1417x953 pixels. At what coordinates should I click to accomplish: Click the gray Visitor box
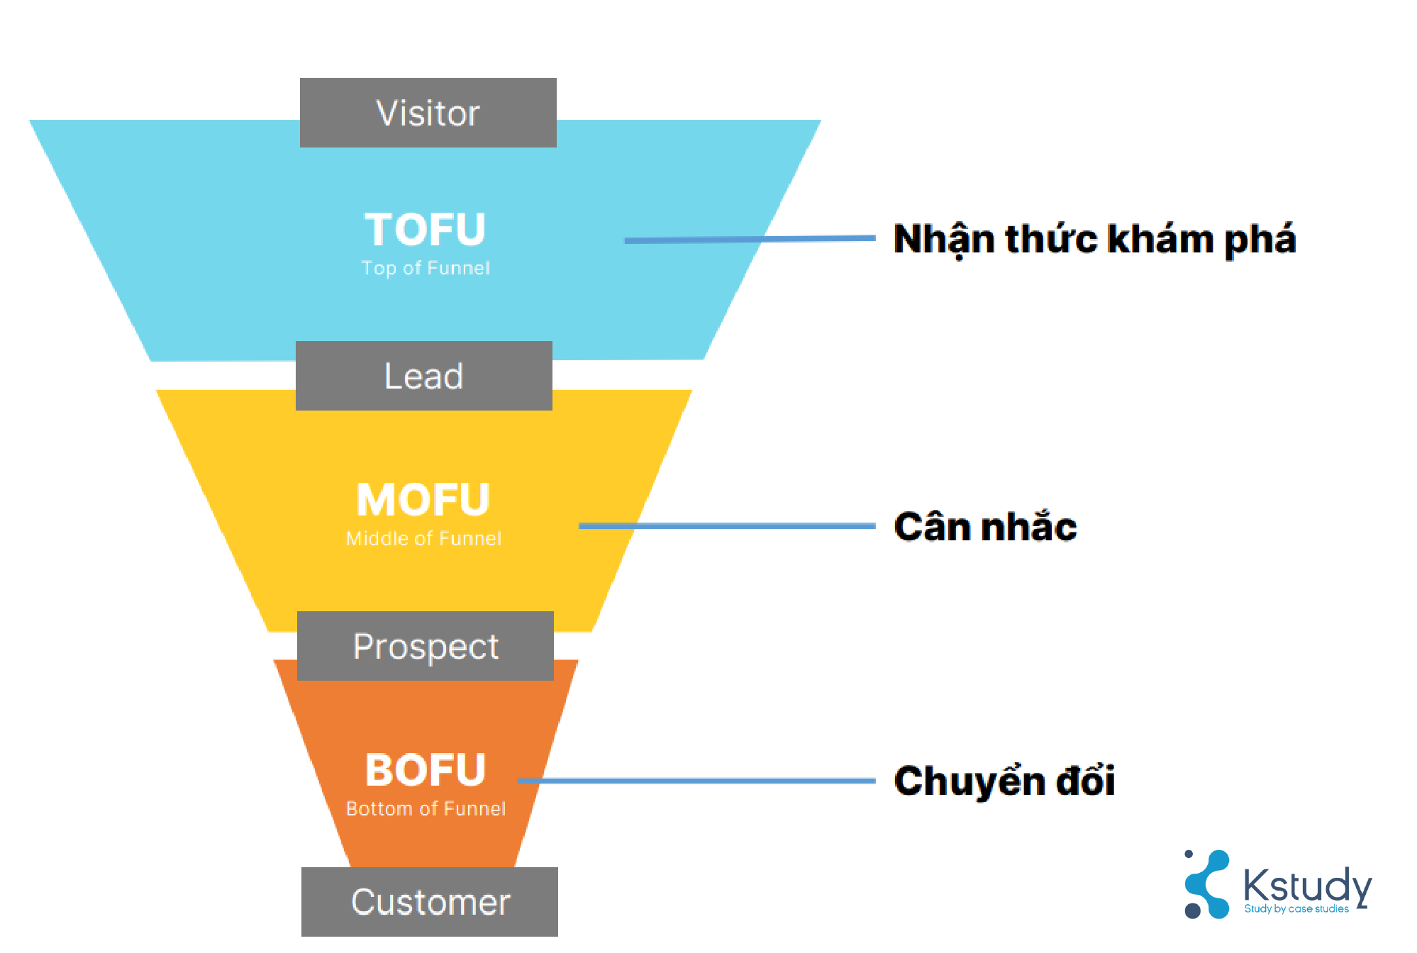point(428,113)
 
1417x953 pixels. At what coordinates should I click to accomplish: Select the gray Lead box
point(423,376)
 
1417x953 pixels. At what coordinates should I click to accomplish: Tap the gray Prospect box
point(426,646)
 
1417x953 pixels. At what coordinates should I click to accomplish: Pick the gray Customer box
point(430,902)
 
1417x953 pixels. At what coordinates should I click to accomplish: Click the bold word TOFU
point(425,230)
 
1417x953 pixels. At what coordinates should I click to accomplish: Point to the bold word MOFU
point(423,500)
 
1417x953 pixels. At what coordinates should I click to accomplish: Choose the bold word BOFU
point(425,770)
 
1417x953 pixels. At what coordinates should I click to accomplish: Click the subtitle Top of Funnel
point(426,268)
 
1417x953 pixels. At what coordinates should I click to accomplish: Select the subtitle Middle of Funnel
point(423,539)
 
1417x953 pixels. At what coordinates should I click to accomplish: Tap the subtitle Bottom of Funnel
point(426,809)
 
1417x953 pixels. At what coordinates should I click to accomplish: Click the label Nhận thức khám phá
point(1094,239)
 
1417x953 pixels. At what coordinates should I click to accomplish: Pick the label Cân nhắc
point(985,527)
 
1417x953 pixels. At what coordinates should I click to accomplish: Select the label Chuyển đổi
point(1004,781)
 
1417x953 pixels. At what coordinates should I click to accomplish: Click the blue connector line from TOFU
point(749,240)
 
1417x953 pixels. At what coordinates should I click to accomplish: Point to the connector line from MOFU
point(727,526)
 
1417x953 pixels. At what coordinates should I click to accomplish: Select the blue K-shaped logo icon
point(1206,884)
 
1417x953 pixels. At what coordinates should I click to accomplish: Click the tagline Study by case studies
point(1296,909)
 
